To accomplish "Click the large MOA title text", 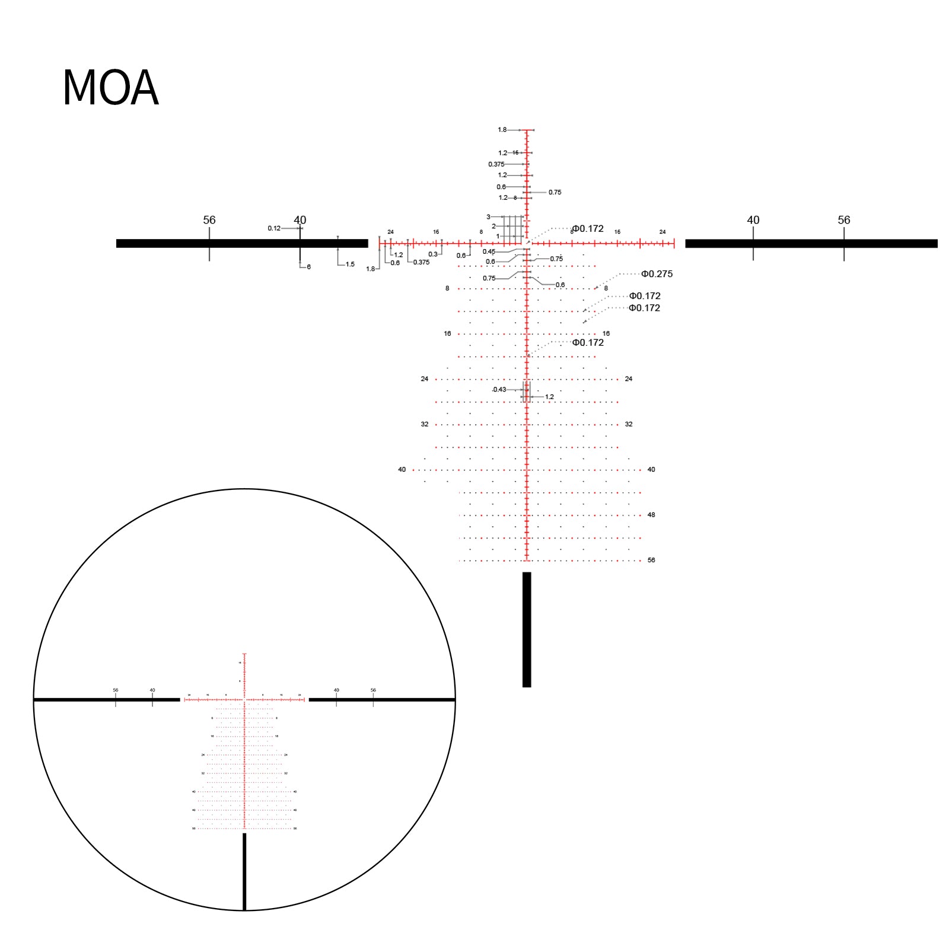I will pos(110,88).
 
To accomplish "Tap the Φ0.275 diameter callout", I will pos(657,274).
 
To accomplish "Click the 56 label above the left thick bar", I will pos(209,220).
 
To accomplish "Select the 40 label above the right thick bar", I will pos(753,220).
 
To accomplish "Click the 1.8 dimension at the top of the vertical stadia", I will pos(502,130).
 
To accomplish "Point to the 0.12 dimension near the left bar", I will pos(273,228).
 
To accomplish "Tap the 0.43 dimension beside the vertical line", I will pos(499,390).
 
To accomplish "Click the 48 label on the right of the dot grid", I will pos(651,515).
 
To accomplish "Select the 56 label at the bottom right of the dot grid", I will pos(651,560).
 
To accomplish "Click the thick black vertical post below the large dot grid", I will pos(527,629).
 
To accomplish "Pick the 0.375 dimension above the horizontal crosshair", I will pos(496,164).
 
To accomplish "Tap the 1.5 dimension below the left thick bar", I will pos(350,265).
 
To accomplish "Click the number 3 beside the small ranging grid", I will pos(488,217).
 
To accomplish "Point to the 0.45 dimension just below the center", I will pos(488,251).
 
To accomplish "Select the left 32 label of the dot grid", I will pos(424,424).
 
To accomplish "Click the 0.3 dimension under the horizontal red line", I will pos(433,254).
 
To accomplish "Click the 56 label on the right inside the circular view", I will pos(373,690).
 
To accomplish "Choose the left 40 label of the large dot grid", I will pos(402,470).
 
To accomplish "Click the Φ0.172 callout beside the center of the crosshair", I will pos(587,228).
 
